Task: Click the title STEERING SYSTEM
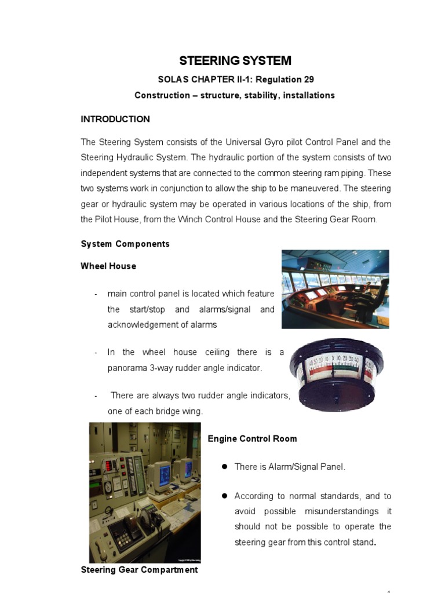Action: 235,61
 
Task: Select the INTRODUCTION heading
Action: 115,119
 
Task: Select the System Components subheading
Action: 125,244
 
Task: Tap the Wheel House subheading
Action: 108,266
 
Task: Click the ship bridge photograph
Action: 335,289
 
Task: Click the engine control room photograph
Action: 144,492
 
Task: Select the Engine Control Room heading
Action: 252,439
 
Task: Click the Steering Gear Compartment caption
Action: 139,570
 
